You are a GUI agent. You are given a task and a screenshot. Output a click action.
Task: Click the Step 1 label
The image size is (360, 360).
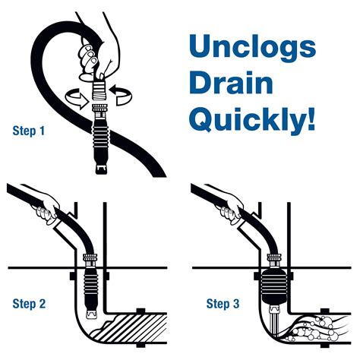point(29,131)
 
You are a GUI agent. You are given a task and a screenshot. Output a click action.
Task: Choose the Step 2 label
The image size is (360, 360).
point(29,305)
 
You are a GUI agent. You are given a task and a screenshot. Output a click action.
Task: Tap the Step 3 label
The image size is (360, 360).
point(223,305)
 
